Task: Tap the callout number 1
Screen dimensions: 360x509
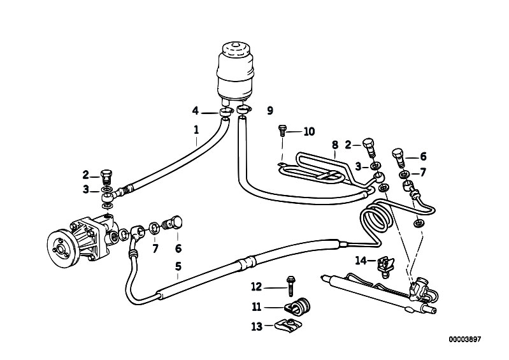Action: (197, 133)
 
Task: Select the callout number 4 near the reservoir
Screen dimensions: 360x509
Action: (196, 111)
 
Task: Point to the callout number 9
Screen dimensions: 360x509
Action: (269, 111)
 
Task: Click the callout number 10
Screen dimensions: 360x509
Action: (309, 132)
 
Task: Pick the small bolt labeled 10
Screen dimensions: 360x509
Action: (282, 132)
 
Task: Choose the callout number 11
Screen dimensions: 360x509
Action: (257, 306)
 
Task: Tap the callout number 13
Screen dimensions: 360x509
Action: (257, 326)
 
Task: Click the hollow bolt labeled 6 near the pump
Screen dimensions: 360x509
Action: (172, 224)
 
